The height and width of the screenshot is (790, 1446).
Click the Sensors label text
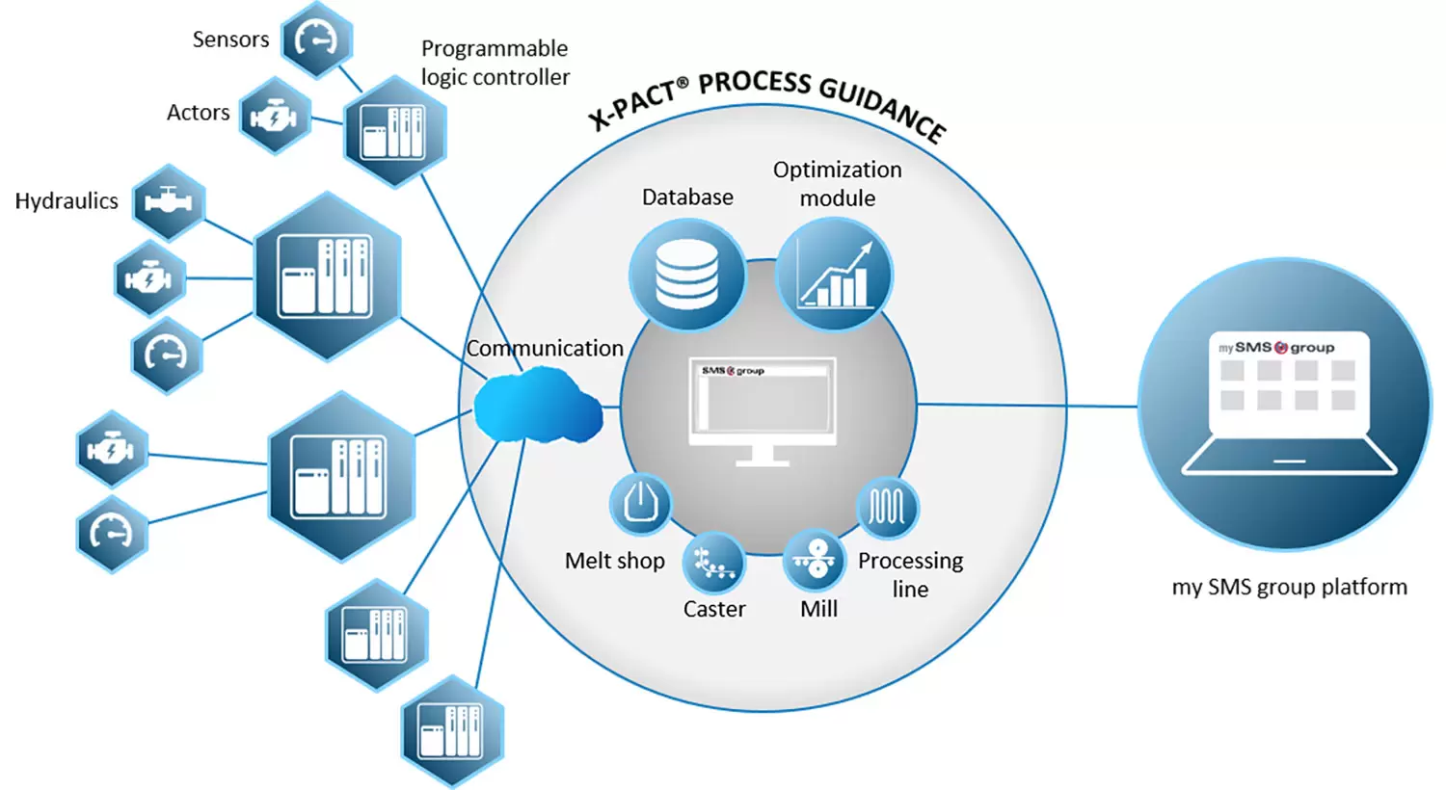pyautogui.click(x=230, y=39)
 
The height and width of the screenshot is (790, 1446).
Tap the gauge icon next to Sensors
pyautogui.click(x=316, y=39)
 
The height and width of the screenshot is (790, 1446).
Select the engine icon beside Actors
pyautogui.click(x=275, y=117)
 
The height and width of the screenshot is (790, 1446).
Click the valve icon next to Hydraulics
pyautogui.click(x=169, y=202)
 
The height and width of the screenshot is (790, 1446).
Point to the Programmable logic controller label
pyautogui.click(x=495, y=63)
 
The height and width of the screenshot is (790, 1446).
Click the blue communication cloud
pyautogui.click(x=537, y=409)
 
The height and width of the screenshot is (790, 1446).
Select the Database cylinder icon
pyautogui.click(x=686, y=275)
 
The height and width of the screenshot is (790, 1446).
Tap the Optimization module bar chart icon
pyautogui.click(x=835, y=275)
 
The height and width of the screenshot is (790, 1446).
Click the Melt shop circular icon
pyautogui.click(x=640, y=503)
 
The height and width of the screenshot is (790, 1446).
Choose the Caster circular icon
pyautogui.click(x=714, y=564)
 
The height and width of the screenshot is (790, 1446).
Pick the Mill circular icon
pyautogui.click(x=816, y=559)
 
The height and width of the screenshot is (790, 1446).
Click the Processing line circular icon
pyautogui.click(x=887, y=507)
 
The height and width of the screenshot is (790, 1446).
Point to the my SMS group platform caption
pyautogui.click(x=1289, y=587)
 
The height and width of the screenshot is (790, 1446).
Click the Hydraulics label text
pyautogui.click(x=67, y=201)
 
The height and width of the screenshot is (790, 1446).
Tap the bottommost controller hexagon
pyautogui.click(x=452, y=730)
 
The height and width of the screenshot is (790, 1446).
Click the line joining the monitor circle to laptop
pyautogui.click(x=1027, y=406)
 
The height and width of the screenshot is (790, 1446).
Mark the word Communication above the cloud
pyautogui.click(x=545, y=349)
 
